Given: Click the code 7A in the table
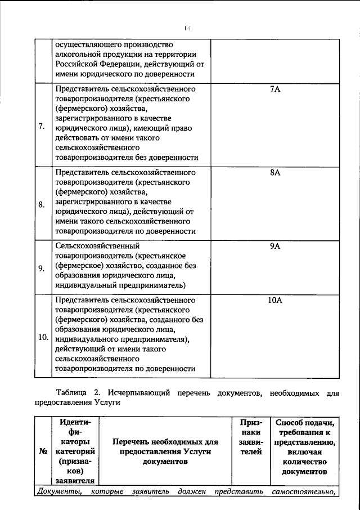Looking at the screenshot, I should pos(275,90).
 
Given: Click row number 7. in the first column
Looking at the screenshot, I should pos(42,125).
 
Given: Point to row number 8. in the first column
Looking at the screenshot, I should pos(42,204).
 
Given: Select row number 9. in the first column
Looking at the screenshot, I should pos(42,267).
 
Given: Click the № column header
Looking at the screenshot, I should pos(43,451).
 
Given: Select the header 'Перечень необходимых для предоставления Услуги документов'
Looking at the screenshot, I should pos(168,451).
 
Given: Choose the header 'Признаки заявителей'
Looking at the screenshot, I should pos(250,441).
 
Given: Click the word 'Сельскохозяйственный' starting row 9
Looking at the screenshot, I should pos(96,246).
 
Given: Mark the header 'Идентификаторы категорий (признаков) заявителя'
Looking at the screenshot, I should pos(75,451).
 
